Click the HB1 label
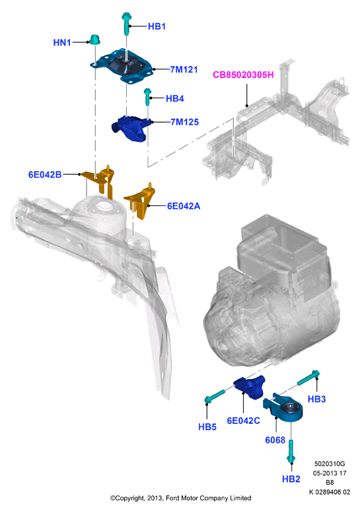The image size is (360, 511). (x=157, y=26)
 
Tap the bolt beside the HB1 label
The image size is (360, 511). (x=126, y=23)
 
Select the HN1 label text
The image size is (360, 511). (x=62, y=42)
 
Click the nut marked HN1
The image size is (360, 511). (x=94, y=40)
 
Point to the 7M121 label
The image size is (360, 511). (x=184, y=69)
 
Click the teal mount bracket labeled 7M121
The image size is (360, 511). (x=122, y=66)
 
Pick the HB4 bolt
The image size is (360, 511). (x=147, y=96)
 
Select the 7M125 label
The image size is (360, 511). (x=184, y=122)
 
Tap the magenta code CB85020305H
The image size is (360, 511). (x=243, y=75)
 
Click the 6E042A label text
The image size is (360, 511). (x=184, y=206)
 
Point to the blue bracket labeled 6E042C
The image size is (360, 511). (x=250, y=386)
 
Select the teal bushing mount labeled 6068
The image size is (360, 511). (x=283, y=409)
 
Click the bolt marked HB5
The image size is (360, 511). (x=214, y=395)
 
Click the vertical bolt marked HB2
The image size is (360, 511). (x=291, y=451)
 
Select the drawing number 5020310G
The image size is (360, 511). (x=330, y=463)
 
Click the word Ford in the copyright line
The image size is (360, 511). (x=173, y=498)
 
